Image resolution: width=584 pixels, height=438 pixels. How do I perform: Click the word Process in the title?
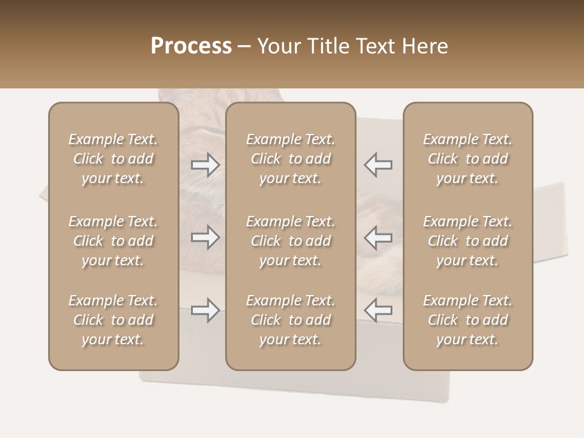coord(191,46)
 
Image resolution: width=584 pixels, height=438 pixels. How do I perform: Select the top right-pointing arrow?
coord(206,164)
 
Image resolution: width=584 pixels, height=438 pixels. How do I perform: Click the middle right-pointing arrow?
coord(206,237)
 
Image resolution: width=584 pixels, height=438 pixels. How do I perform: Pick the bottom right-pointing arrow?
coord(206,310)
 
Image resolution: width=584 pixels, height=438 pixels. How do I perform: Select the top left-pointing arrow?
coord(378,164)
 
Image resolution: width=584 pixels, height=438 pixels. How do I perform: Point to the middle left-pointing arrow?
coord(378,237)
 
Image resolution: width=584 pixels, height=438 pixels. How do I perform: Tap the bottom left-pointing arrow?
coord(378,310)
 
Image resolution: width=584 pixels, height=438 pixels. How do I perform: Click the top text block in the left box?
coord(113,159)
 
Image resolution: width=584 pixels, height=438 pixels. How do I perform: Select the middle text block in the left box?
coord(113,241)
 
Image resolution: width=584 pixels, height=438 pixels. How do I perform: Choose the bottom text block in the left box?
coord(113,320)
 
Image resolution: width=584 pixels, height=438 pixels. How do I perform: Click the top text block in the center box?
coord(291,159)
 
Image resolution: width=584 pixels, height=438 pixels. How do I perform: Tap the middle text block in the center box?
coord(291,241)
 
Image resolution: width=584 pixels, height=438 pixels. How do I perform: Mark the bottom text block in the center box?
coord(291,320)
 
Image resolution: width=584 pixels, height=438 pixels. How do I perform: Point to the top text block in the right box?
coord(468,159)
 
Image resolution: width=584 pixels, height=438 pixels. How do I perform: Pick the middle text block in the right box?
coord(468,241)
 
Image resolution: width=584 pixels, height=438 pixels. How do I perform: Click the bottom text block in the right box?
coord(468,320)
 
